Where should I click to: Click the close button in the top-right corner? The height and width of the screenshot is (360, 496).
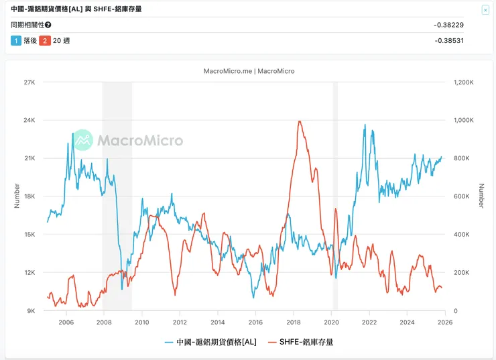tap(485, 10)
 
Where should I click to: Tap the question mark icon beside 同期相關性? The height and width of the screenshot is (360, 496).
tap(48, 25)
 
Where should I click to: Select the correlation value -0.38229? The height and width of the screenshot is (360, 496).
tap(448, 25)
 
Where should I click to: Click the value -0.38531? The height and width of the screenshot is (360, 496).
tap(448, 40)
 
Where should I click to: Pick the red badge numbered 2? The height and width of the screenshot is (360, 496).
tap(45, 41)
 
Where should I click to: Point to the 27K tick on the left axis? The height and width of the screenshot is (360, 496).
tap(29, 82)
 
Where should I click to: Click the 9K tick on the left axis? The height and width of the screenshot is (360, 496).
tap(31, 311)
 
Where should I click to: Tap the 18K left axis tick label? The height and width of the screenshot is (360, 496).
tap(29, 196)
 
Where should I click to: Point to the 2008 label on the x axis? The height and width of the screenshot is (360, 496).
tap(104, 322)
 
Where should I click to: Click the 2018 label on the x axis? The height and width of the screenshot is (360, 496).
tap(294, 322)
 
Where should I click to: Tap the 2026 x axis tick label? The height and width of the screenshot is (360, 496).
tap(445, 322)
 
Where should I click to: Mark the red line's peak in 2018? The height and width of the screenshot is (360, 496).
tap(299, 121)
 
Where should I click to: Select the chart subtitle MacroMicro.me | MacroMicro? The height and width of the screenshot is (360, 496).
tap(248, 71)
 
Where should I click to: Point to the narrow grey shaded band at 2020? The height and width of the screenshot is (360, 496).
tap(335, 194)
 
